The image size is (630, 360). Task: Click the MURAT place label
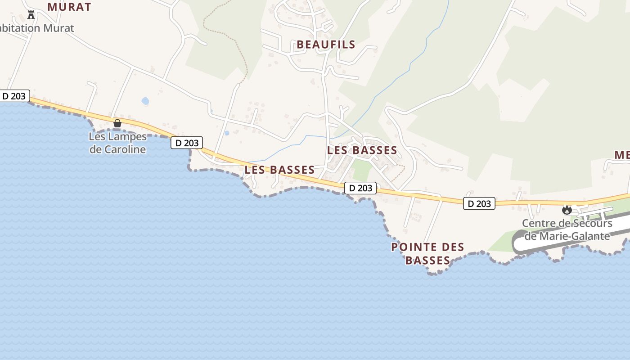point(69,7)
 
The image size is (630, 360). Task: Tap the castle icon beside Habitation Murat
point(31,15)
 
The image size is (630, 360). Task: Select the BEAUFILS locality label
point(326,45)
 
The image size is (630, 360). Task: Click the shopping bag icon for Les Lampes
point(117,123)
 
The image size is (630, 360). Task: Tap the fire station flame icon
point(567,210)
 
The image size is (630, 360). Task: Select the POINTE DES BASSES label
point(427,253)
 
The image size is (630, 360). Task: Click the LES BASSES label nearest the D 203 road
point(279,170)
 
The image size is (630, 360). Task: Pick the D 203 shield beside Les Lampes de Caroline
point(187,143)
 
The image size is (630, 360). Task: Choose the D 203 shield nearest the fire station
point(479,203)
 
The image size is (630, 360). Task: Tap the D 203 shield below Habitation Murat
point(14,96)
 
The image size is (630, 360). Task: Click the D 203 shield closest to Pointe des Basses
point(360,188)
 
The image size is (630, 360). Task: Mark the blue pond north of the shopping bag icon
point(145,101)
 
